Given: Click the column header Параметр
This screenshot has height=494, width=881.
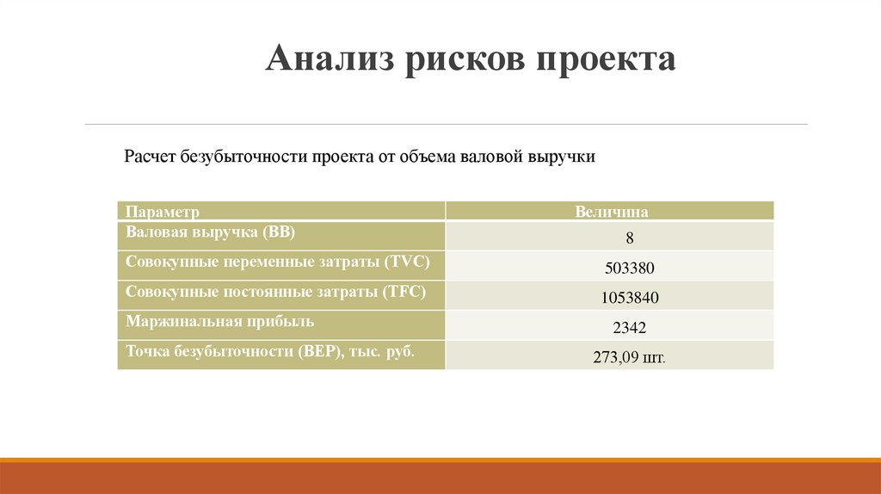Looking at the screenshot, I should (163, 211).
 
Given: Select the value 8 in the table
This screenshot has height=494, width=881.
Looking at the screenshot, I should (630, 239).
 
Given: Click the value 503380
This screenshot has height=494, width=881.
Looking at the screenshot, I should (630, 269).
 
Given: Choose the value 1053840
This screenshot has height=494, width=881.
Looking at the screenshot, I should (630, 299).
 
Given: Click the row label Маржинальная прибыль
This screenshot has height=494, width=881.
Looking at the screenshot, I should (219, 321).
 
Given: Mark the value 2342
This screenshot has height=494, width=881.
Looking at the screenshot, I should (630, 328).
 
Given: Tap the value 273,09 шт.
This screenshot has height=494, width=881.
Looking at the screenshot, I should (630, 357).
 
